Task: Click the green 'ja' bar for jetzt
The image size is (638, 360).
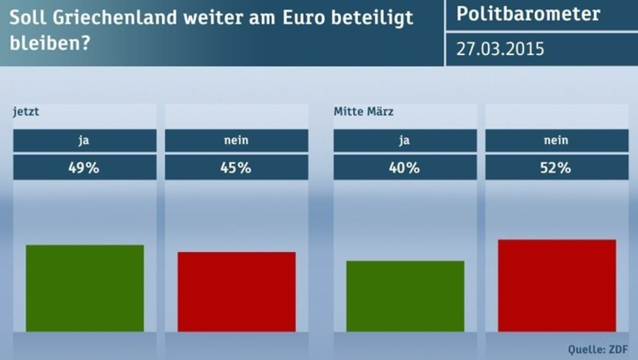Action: (x=85, y=288)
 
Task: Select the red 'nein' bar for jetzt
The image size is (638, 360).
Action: (x=237, y=292)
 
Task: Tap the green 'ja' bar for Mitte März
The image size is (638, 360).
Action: (x=405, y=296)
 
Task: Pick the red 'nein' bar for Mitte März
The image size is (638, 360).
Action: (x=557, y=285)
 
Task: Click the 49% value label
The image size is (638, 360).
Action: (x=84, y=168)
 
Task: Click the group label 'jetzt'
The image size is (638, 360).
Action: (x=26, y=112)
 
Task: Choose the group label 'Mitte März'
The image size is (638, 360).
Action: (x=363, y=112)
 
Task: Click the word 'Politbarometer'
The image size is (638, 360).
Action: (x=528, y=15)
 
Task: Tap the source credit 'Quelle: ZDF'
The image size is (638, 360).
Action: (x=597, y=350)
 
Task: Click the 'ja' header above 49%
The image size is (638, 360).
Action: (x=84, y=140)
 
